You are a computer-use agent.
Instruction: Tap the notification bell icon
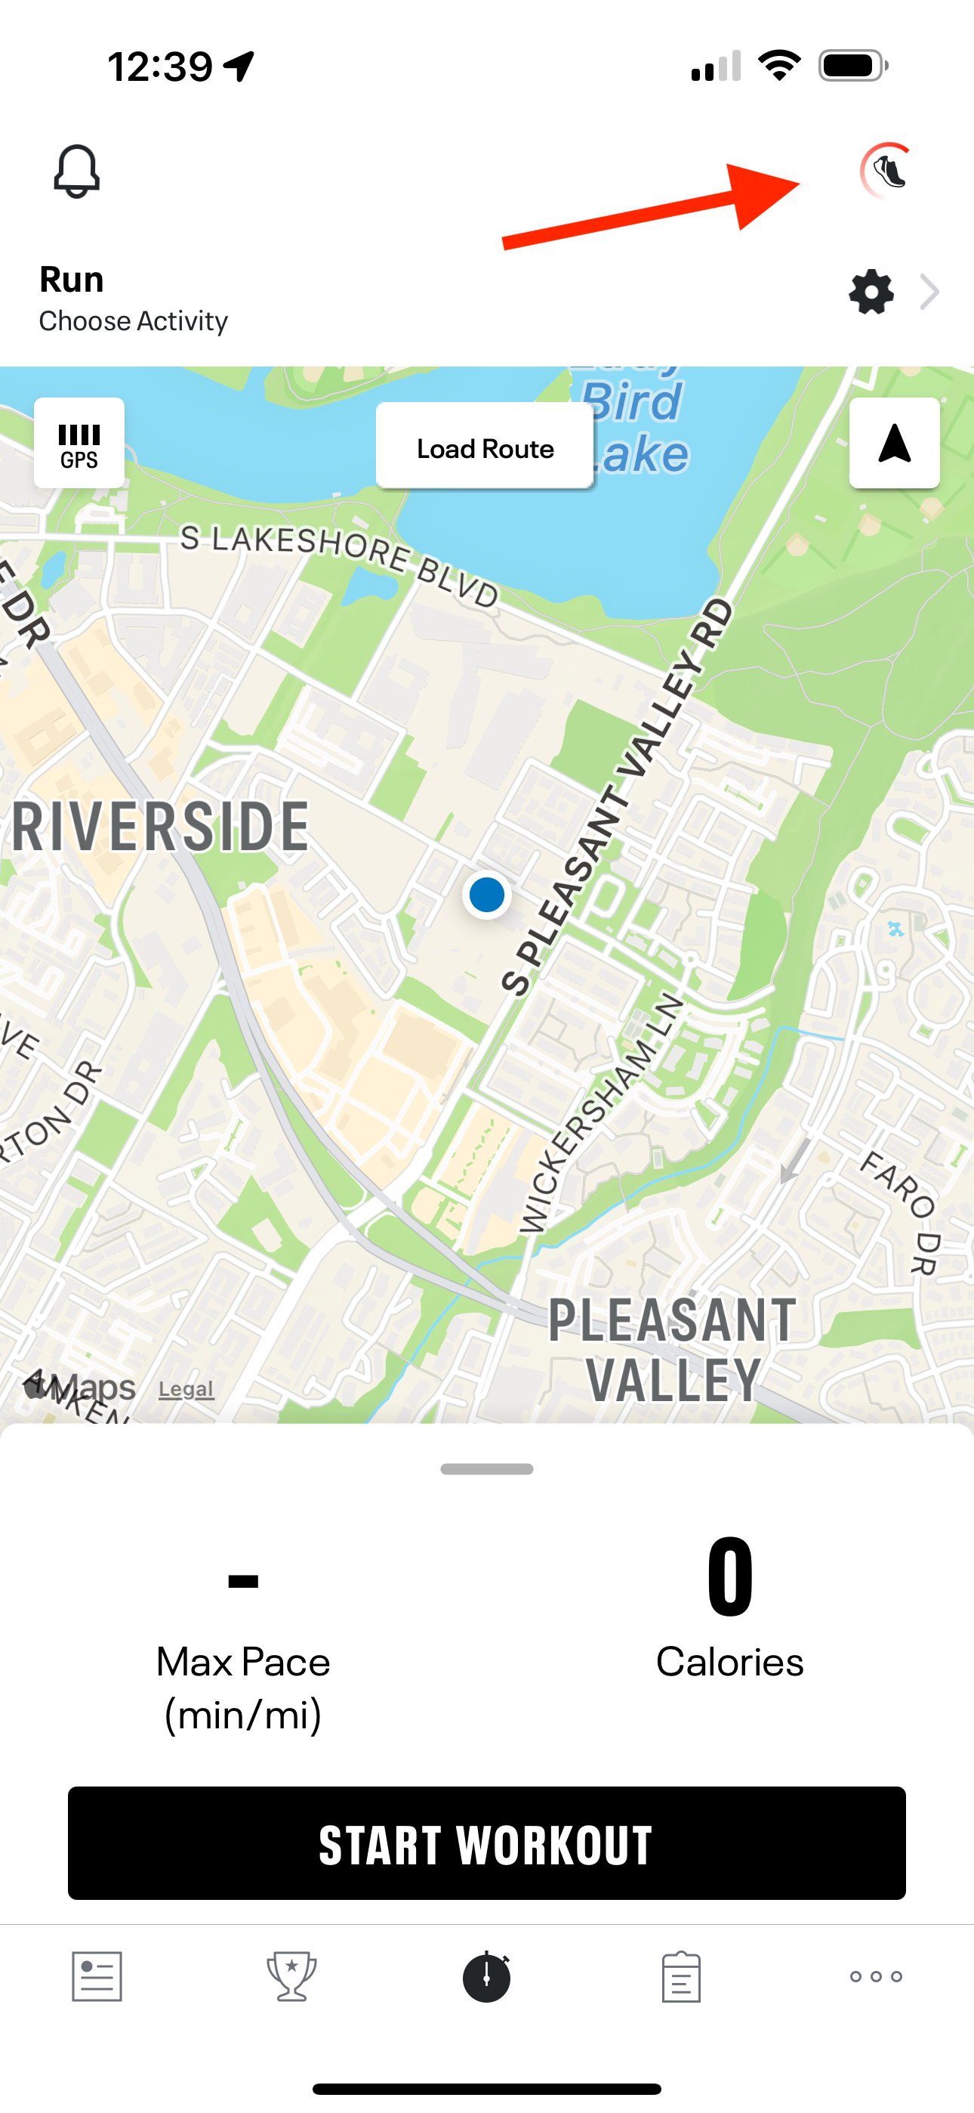(x=76, y=172)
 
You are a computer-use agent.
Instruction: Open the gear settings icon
(x=871, y=292)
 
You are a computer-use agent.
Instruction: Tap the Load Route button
(x=485, y=448)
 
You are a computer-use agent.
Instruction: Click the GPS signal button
(x=79, y=444)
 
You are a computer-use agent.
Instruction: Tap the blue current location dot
(x=487, y=895)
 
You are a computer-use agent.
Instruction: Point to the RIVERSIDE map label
(x=161, y=827)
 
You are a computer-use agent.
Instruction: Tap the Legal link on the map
(x=186, y=1389)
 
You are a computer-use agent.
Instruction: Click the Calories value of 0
(x=729, y=1576)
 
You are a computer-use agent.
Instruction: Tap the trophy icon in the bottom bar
(x=292, y=1976)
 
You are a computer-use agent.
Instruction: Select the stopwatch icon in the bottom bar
(x=487, y=1976)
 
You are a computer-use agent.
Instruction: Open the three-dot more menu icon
(x=876, y=1976)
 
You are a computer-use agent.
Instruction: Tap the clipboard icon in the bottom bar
(x=680, y=1976)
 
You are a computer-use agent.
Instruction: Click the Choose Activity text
(x=134, y=320)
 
